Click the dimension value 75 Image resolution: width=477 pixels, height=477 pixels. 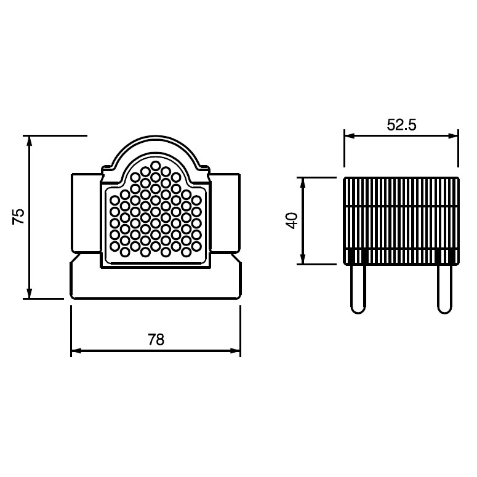[x=18, y=216]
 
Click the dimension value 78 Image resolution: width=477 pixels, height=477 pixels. [x=156, y=340]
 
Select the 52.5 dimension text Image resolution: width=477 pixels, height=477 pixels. [x=401, y=125]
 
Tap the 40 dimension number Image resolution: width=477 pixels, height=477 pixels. [x=292, y=220]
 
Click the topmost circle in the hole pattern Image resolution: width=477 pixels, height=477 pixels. [x=156, y=166]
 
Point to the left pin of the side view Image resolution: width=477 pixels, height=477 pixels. [x=358, y=289]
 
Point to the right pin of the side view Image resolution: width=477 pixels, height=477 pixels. [x=444, y=289]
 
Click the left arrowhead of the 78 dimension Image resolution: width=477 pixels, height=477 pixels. [x=76, y=351]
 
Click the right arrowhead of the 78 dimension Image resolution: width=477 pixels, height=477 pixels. [x=235, y=351]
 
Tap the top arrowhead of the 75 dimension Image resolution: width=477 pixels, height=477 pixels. [x=29, y=141]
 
